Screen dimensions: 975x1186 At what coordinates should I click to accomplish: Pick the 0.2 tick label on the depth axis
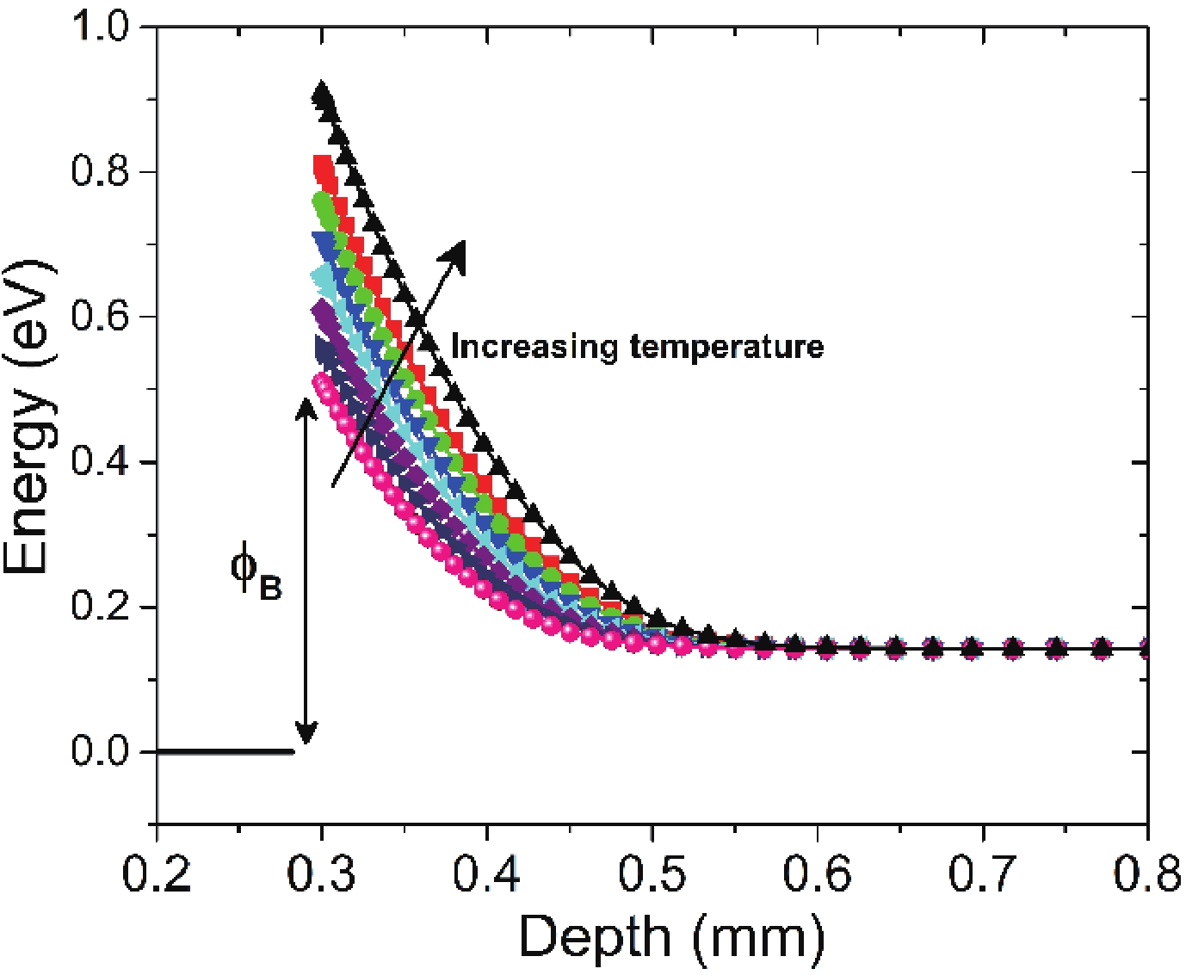(157, 874)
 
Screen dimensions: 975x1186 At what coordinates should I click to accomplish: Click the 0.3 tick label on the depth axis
(322, 874)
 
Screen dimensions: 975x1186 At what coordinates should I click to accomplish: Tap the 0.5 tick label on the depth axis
(652, 874)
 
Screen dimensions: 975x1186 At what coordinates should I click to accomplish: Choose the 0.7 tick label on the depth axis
(982, 874)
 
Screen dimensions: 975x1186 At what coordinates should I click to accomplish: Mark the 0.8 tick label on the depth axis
(1146, 874)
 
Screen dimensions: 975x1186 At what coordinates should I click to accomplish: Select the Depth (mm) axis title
(671, 937)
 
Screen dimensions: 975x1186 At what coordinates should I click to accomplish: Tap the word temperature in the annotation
(726, 347)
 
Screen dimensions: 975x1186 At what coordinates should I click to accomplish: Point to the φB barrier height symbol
(255, 571)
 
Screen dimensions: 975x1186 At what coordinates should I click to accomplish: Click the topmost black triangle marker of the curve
(322, 91)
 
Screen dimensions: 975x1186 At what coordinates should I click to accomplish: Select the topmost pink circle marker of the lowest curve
(322, 381)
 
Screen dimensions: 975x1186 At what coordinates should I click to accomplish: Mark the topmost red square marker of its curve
(323, 164)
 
